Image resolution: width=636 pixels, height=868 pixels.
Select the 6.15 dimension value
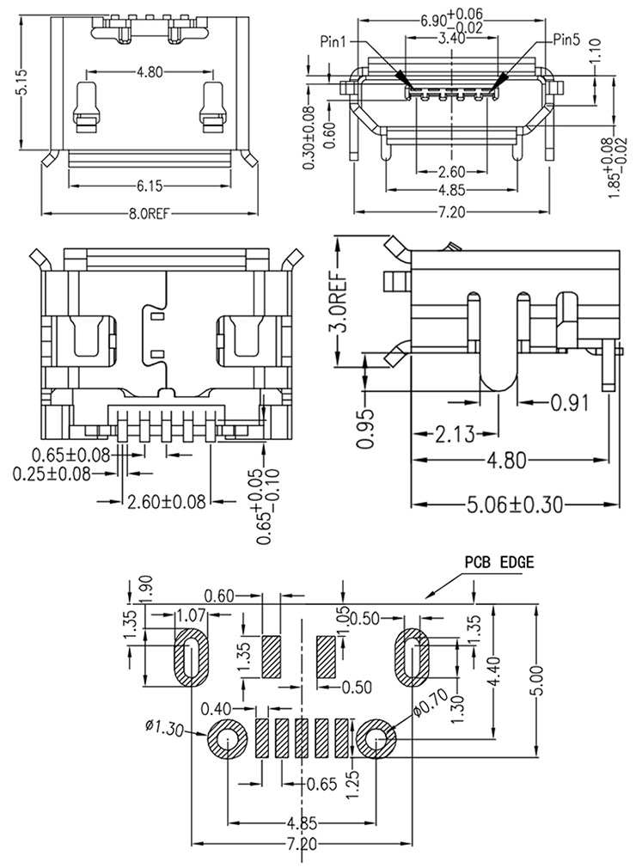[150, 184]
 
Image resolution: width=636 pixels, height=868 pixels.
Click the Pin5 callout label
[567, 40]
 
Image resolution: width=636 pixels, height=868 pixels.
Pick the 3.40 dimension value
[452, 40]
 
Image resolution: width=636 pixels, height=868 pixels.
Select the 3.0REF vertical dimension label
[340, 304]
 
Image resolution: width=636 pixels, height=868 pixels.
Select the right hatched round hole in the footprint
[376, 740]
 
